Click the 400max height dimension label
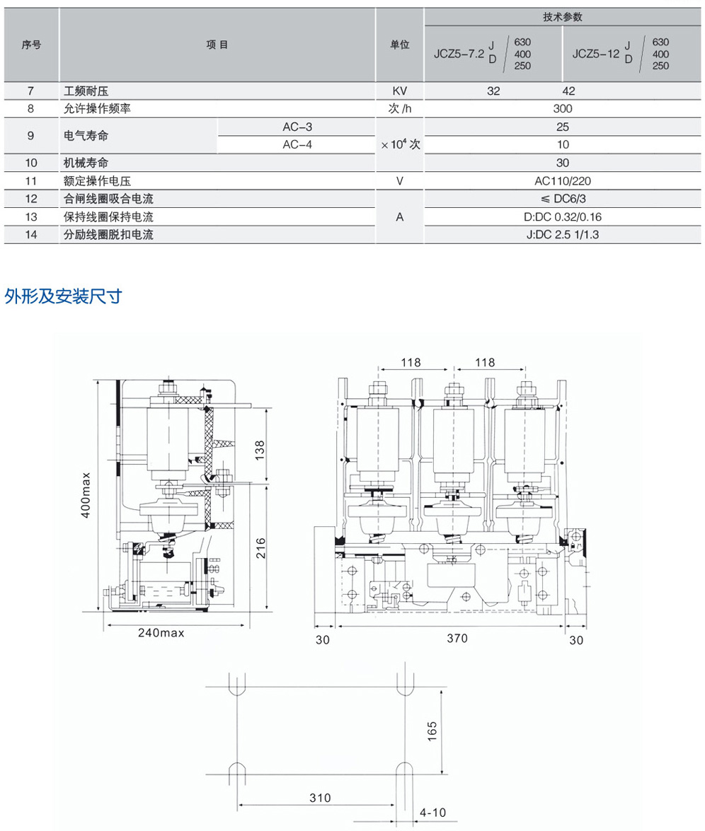[x=86, y=495]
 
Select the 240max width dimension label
[x=161, y=633]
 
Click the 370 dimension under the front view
[x=457, y=638]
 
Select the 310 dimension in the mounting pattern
[x=320, y=798]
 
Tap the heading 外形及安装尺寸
[x=64, y=296]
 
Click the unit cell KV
[x=399, y=91]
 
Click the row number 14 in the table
[x=30, y=235]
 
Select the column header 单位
[x=399, y=45]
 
